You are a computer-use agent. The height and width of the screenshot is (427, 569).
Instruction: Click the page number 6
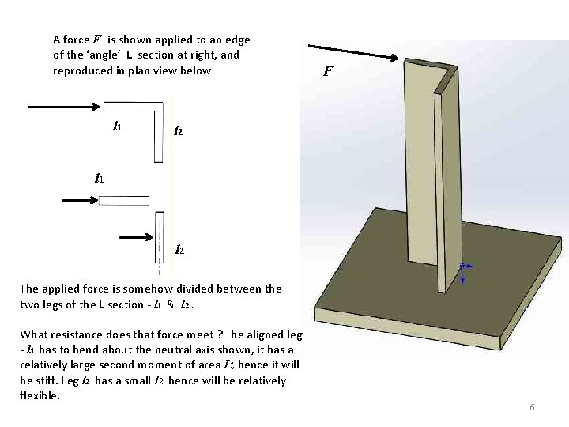532,407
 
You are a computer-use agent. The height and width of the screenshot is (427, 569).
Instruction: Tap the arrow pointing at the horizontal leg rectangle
79,201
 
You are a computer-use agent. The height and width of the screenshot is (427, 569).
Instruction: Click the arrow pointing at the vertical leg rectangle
135,236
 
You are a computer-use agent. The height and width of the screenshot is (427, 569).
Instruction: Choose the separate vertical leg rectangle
160,237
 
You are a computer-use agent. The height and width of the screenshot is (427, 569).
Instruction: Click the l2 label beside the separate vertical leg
179,251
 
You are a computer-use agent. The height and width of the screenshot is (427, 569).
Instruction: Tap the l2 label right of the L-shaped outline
179,130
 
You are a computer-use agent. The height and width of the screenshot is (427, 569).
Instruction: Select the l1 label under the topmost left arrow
116,126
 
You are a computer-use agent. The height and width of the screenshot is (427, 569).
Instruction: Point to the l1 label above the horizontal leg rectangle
100,179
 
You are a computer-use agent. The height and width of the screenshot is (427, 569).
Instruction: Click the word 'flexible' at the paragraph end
39,395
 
